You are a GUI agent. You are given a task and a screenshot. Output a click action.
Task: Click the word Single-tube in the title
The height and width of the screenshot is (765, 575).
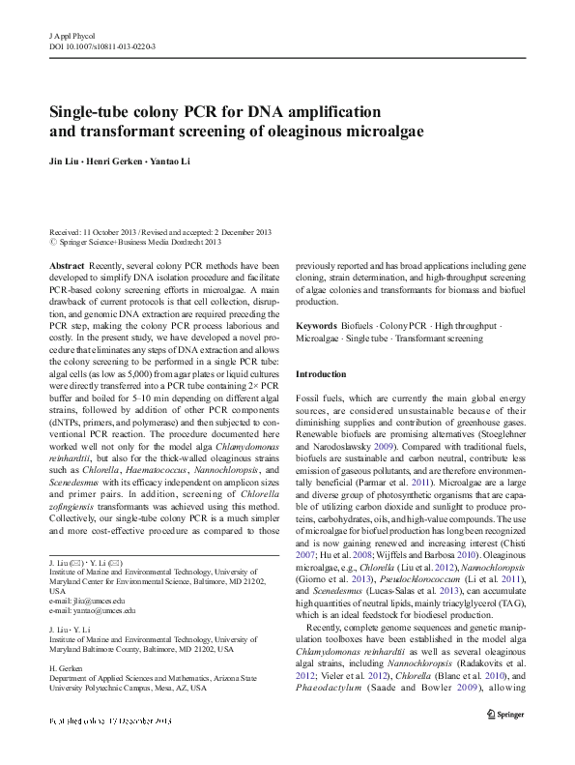point(89,111)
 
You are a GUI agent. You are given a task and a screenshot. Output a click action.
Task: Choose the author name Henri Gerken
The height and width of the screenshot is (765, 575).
point(118,162)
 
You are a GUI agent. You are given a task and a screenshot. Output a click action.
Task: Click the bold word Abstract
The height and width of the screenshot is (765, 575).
point(66,265)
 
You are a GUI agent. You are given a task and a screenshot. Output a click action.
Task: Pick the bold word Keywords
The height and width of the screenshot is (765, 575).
point(317,327)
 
